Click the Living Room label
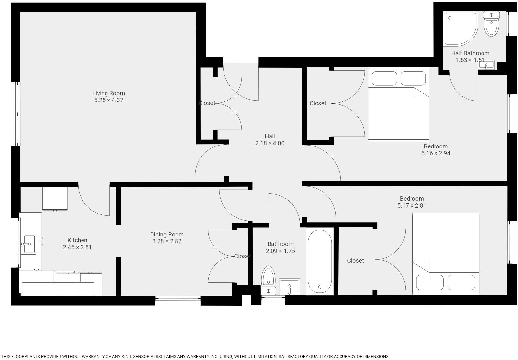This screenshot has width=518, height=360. click(108, 93)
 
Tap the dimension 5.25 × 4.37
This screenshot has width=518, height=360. click(108, 100)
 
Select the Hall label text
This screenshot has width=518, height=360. click(270, 136)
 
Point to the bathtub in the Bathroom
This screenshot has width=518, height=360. click(319, 261)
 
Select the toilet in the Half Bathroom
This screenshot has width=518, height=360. click(491, 24)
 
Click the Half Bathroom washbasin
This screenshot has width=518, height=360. click(486, 65)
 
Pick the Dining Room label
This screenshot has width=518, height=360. click(167, 235)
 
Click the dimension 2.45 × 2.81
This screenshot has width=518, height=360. click(77, 247)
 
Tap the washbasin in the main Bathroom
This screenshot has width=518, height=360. click(289, 286)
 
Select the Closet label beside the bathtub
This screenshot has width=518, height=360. click(355, 261)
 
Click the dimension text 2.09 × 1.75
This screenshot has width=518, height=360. click(280, 251)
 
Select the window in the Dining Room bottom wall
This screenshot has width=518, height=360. click(178, 298)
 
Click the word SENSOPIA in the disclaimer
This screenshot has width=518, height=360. click(145, 356)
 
